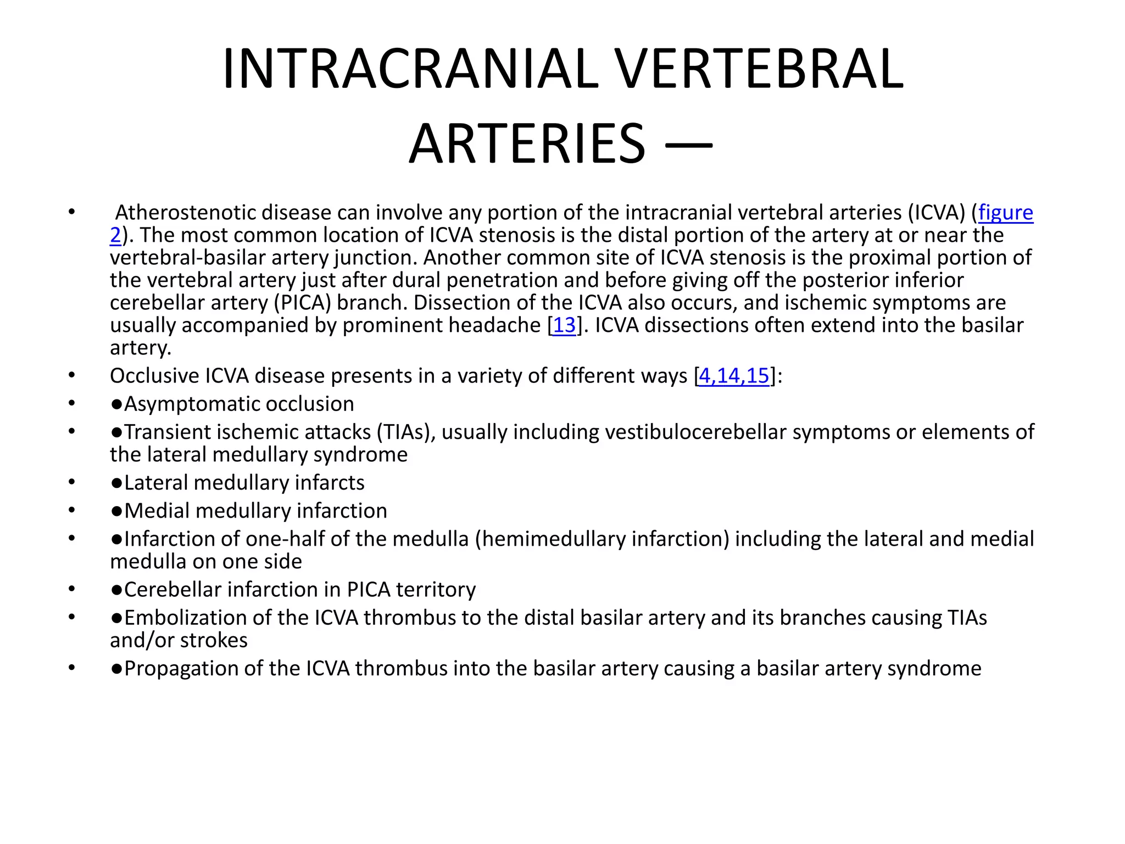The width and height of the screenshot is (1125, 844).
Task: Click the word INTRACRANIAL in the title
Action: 410,70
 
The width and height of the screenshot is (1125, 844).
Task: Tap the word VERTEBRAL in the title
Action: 759,70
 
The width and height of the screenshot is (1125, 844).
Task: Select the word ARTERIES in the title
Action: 527,145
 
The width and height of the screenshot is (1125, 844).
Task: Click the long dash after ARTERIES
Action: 689,146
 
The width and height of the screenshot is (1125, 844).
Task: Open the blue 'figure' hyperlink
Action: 1005,213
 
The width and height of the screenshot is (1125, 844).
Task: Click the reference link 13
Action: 564,325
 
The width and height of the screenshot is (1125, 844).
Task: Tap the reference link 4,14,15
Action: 733,376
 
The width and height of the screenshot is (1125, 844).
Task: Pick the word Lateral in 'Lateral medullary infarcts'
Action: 156,483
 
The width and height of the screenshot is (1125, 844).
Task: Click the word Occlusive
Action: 154,376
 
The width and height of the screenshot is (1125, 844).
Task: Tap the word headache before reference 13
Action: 494,325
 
